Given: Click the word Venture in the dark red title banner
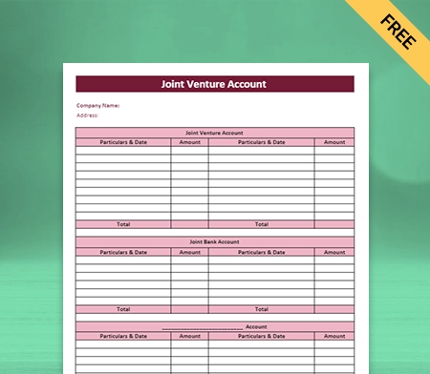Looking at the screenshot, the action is point(214,84).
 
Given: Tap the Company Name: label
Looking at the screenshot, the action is point(97,106).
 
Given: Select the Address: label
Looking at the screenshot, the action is point(88,116).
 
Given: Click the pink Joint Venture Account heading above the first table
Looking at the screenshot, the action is point(215,133).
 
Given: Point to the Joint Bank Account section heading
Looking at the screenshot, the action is point(215,241).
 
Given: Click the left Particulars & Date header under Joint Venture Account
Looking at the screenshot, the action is point(123,142).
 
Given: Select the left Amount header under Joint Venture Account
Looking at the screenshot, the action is point(189,142).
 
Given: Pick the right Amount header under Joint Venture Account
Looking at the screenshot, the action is point(334,142).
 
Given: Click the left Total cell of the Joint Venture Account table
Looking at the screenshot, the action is point(123,224).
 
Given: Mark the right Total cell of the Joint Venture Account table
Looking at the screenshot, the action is point(261,224).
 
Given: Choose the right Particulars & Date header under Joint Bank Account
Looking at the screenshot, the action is point(261,252).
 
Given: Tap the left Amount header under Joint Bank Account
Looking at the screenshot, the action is point(189,252).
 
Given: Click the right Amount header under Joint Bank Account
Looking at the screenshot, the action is point(334,252).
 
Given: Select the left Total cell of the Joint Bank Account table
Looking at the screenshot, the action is point(123,309).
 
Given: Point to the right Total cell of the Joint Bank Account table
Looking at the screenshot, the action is point(261,309).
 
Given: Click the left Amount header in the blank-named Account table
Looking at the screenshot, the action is point(189,336).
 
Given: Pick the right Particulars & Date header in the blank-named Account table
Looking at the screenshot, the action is point(261,336).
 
